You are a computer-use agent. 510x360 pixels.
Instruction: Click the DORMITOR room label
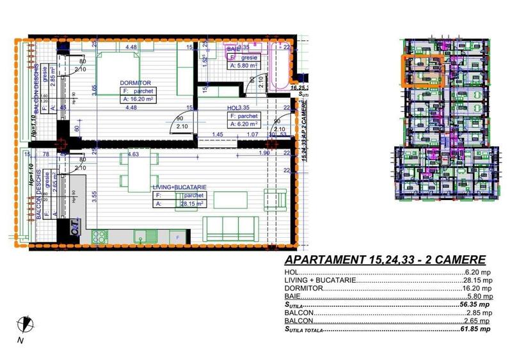pyautogui.click(x=134, y=83)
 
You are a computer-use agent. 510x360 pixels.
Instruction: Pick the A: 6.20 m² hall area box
pyautogui.click(x=244, y=125)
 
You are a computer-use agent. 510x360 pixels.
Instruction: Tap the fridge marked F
pyautogui.click(x=179, y=237)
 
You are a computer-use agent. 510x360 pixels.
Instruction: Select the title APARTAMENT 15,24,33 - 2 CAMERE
pyautogui.click(x=384, y=260)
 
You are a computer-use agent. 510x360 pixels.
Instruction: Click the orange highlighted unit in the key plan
pyautogui.click(x=422, y=70)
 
